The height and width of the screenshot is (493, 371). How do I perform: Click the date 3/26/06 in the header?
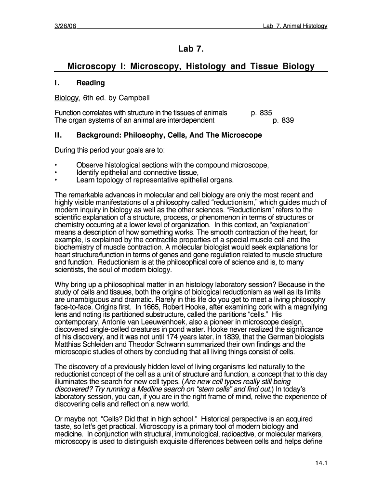click(x=65, y=26)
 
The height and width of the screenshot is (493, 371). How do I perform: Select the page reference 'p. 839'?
click(x=283, y=120)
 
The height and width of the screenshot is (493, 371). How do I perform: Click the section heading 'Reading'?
click(x=91, y=83)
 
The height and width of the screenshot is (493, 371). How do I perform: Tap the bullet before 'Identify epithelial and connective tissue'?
click(x=56, y=172)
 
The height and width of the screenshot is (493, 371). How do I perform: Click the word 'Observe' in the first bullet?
click(x=90, y=165)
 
